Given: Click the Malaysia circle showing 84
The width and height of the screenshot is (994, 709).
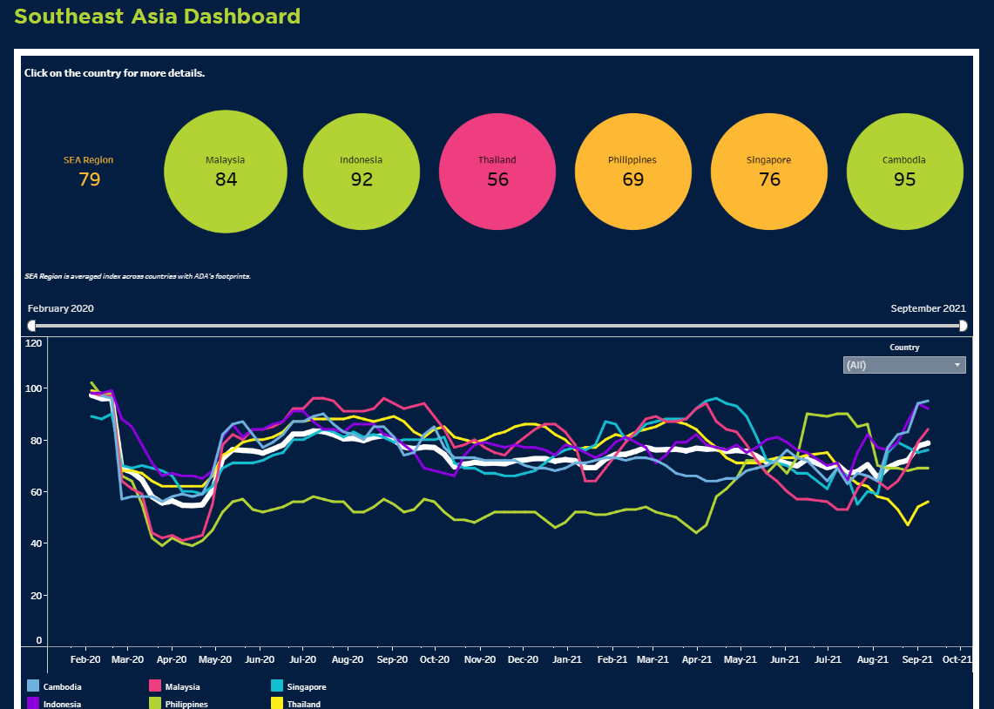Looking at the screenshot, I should (225, 172).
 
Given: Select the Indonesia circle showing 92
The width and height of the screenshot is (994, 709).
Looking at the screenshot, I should (362, 172).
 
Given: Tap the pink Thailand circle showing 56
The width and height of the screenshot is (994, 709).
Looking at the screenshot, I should (497, 172).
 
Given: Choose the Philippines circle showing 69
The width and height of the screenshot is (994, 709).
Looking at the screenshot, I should (633, 172).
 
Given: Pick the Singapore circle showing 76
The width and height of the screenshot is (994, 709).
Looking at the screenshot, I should (769, 172).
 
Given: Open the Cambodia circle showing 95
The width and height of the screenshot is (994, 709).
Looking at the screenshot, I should (904, 172).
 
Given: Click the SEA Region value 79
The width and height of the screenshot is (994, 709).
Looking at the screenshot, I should (89, 179).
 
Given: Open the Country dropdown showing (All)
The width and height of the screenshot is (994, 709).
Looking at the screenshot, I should (904, 365).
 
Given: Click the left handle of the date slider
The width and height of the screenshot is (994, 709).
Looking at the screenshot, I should (32, 326).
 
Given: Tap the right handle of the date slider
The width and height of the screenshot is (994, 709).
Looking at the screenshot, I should (963, 326).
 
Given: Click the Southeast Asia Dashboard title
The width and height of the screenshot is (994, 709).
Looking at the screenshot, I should (158, 17).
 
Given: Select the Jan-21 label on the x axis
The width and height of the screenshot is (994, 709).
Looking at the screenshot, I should (567, 659).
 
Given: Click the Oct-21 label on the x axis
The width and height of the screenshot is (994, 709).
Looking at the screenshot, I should (957, 659).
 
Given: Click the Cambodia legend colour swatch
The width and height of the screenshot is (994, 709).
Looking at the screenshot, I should (33, 686).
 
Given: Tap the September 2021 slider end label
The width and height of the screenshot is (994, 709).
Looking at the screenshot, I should (928, 308).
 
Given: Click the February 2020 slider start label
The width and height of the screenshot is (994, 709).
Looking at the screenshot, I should (61, 308).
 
